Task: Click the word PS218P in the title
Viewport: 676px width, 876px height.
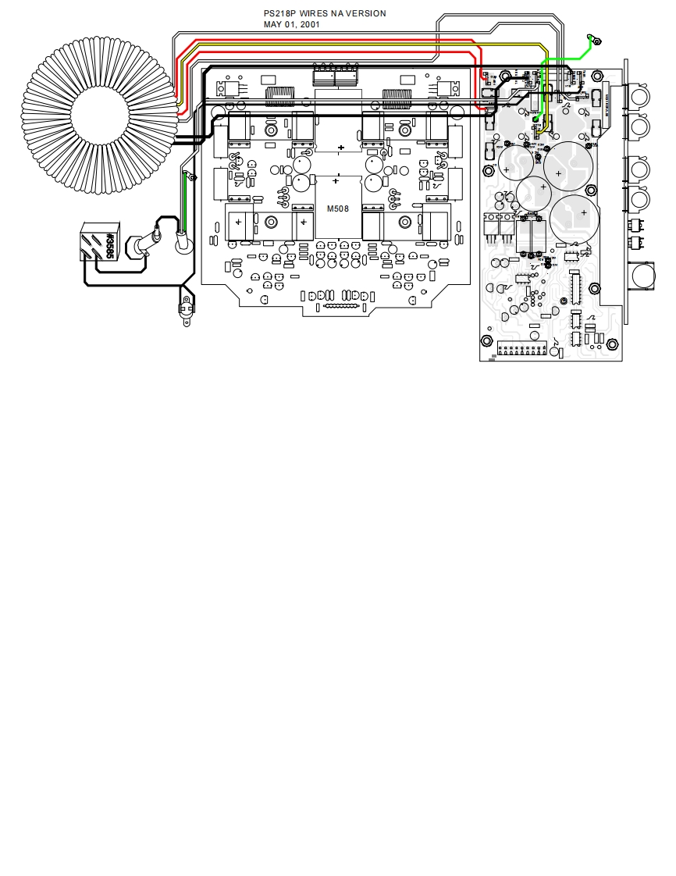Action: pyautogui.click(x=279, y=14)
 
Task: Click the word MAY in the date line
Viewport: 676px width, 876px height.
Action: pyautogui.click(x=272, y=25)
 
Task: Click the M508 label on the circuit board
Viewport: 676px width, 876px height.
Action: pyautogui.click(x=338, y=208)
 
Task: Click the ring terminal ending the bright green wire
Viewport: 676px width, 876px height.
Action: pyautogui.click(x=593, y=39)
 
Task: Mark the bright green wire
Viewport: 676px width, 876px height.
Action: pyautogui.click(x=562, y=60)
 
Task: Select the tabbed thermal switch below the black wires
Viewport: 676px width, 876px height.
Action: pyautogui.click(x=186, y=306)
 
